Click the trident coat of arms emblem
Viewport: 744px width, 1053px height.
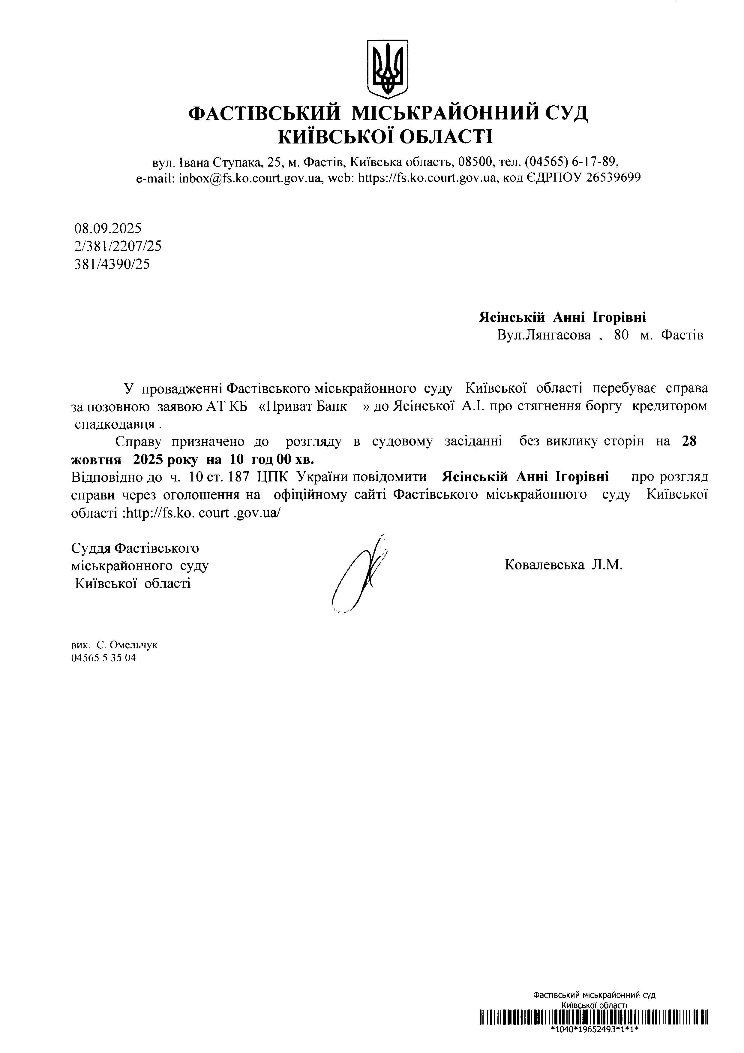(x=387, y=68)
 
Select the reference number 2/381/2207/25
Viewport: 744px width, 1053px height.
(x=118, y=246)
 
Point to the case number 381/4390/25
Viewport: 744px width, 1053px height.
(x=112, y=264)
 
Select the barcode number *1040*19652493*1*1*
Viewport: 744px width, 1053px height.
(x=594, y=1029)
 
